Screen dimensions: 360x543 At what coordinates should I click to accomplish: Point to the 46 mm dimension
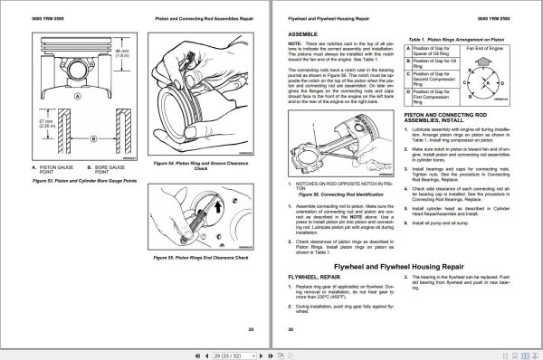(x=122, y=52)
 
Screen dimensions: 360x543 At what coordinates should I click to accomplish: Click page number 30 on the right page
(x=291, y=329)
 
